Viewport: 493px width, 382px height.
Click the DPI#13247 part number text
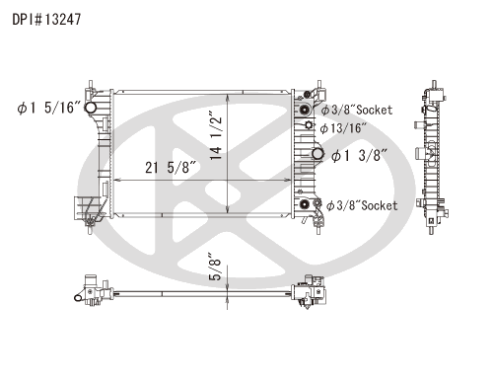(46, 20)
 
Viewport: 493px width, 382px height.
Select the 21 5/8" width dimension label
(171, 167)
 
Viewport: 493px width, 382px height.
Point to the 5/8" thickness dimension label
(215, 267)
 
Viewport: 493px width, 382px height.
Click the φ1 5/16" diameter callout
(48, 108)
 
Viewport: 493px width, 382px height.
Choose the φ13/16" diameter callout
(343, 128)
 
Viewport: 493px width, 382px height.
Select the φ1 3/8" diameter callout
(359, 155)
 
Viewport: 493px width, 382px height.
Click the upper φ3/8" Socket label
(357, 110)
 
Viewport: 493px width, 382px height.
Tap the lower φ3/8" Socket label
(362, 205)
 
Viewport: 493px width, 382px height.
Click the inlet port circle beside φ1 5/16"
(90, 108)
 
